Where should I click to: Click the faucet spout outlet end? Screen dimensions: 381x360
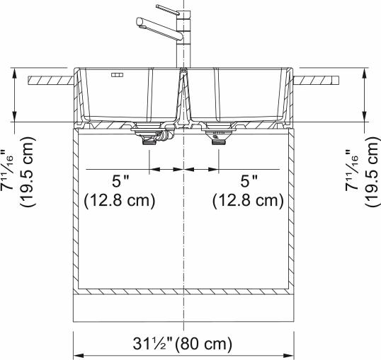[139, 21]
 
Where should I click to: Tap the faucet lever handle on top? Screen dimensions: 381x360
[167, 10]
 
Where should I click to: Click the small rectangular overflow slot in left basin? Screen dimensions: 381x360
[117, 75]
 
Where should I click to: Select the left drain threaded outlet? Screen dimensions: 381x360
[149, 141]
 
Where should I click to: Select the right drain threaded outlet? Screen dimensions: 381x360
[219, 142]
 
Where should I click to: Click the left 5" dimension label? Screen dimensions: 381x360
[120, 181]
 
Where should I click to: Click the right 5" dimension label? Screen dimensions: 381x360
[249, 181]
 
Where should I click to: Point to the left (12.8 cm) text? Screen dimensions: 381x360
[119, 201]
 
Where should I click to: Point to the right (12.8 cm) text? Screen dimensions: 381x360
[248, 201]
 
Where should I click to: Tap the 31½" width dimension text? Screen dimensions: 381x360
[152, 344]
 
